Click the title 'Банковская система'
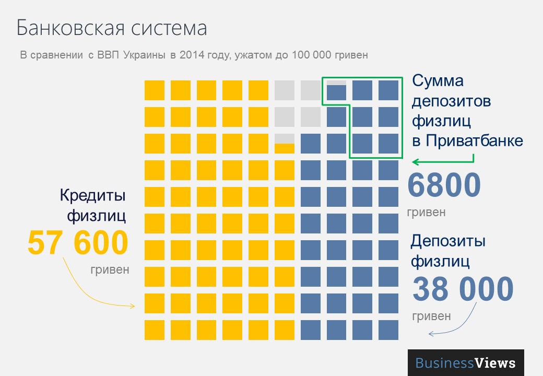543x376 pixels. click(112, 28)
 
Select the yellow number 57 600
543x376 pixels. click(78, 243)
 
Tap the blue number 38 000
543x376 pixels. click(463, 289)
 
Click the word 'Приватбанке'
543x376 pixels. click(474, 140)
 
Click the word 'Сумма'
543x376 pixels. click(438, 81)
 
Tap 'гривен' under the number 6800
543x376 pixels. click(426, 212)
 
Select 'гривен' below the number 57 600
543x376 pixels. click(109, 269)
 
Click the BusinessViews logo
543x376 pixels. click(466, 363)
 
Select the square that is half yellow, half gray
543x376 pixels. click(285, 143)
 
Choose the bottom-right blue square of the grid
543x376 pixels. click(388, 330)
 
